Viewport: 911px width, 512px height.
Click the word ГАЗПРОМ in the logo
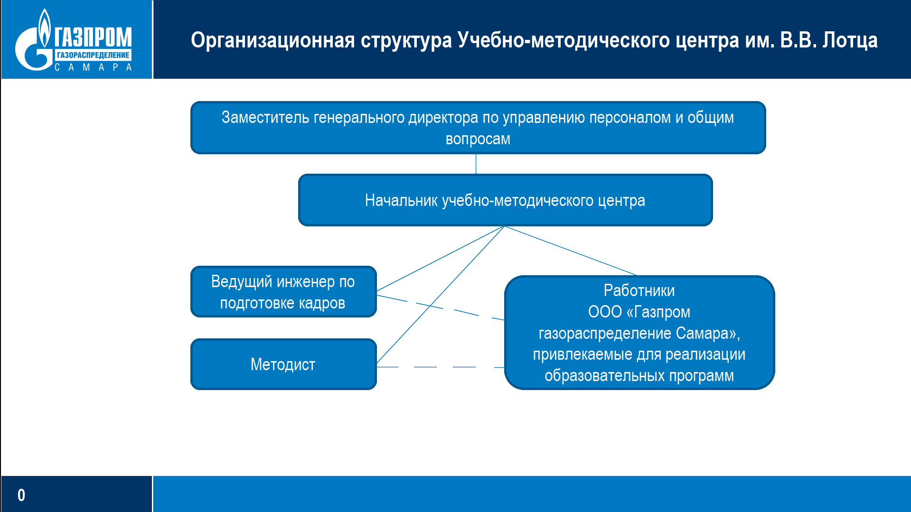pos(93,37)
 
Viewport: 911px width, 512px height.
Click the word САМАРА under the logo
pos(93,67)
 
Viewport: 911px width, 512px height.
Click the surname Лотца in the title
pos(850,41)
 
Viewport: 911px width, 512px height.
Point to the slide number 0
pos(21,495)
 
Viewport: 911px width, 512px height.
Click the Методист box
pos(283,364)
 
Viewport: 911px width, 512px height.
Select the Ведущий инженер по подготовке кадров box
pos(283,291)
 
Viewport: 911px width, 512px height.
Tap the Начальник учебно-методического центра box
pos(505,200)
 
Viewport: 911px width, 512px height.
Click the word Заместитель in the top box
pos(265,117)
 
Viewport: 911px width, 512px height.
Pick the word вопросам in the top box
pos(478,139)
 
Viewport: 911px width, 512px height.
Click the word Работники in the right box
pos(639,290)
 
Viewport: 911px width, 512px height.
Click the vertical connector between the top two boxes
pos(476,164)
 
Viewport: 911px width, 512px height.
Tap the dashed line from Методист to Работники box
pos(441,367)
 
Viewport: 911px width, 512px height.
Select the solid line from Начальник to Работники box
pos(572,251)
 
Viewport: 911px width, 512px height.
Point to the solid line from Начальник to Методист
pos(441,295)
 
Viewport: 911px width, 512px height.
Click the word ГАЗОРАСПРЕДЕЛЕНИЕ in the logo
pos(93,55)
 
